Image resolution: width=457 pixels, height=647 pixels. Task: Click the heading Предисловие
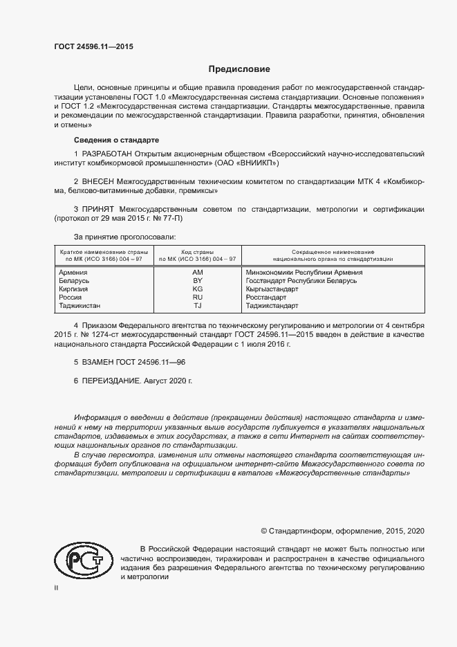pyautogui.click(x=240, y=69)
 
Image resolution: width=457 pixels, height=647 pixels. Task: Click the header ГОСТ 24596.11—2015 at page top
pyautogui.click(x=93, y=46)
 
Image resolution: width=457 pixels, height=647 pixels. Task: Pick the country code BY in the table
pyautogui.click(x=197, y=281)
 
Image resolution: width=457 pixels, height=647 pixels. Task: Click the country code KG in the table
pyautogui.click(x=197, y=289)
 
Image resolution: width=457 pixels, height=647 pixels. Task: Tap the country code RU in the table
pyautogui.click(x=197, y=297)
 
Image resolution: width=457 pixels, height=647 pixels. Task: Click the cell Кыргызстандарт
pyautogui.click(x=272, y=289)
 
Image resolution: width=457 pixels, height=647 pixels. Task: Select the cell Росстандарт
pyautogui.click(x=266, y=297)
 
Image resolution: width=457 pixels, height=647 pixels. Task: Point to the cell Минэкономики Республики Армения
pyautogui.click(x=300, y=273)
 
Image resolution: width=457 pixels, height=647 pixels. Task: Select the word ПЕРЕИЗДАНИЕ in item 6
pyautogui.click(x=111, y=381)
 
